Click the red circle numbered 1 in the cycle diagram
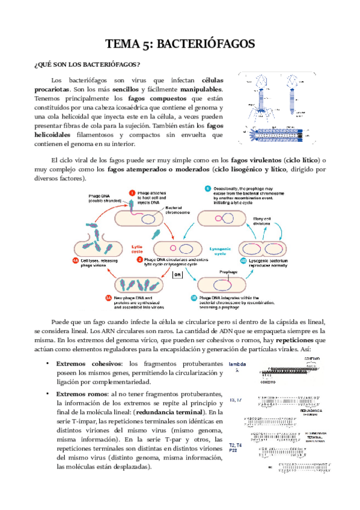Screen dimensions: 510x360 [x=132, y=192]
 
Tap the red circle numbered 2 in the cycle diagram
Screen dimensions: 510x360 [x=139, y=260]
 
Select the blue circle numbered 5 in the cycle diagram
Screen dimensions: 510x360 [x=207, y=188]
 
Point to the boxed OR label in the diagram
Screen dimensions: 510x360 [x=177, y=275]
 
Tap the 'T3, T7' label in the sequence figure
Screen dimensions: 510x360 [x=236, y=400]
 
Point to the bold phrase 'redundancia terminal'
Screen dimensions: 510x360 [x=169, y=412]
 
